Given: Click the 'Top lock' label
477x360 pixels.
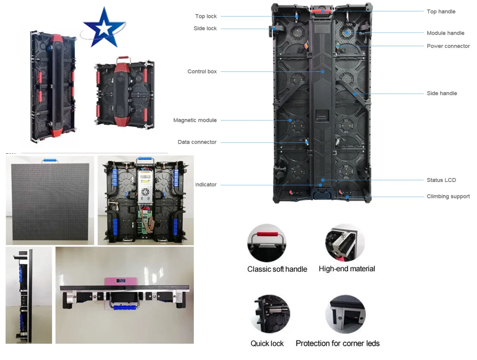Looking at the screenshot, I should click(x=206, y=16).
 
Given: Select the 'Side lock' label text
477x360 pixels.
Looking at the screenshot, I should click(x=205, y=28).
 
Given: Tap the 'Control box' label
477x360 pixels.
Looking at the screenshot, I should click(x=202, y=71).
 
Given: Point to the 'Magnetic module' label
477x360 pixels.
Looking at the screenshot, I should click(x=195, y=120).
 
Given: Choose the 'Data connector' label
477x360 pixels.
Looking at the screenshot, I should click(x=197, y=142).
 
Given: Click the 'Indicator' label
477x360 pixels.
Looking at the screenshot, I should click(x=206, y=185).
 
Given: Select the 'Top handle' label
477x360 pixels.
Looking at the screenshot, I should click(x=441, y=12).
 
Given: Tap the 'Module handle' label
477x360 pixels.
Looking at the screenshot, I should click(x=445, y=33).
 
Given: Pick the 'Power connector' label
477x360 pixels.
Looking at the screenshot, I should click(x=448, y=46).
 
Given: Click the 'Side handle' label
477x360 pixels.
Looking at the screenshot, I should click(x=442, y=94).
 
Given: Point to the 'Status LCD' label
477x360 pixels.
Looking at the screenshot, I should click(x=441, y=180).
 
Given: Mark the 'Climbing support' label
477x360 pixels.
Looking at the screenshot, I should click(x=448, y=197).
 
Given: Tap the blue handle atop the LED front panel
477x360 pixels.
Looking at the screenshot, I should click(x=50, y=160).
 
